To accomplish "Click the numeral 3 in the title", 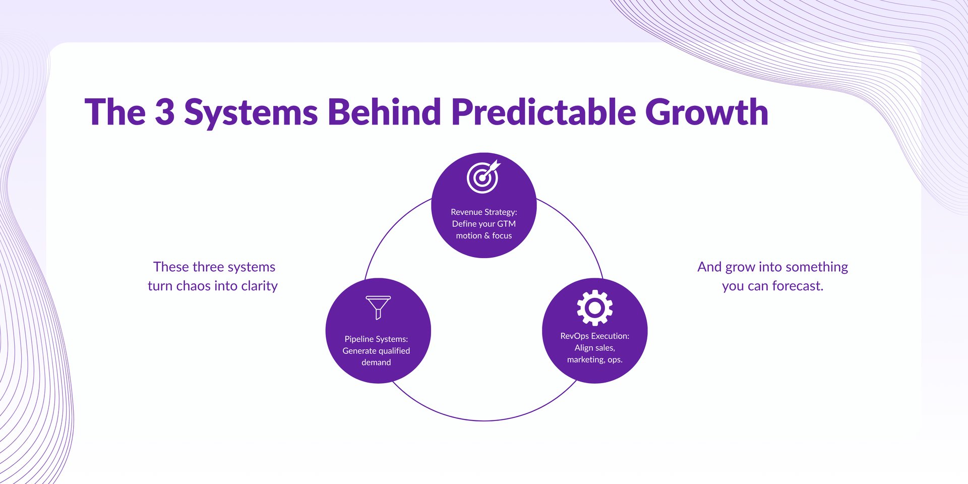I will [x=164, y=112].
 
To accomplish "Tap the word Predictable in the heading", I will [x=543, y=112].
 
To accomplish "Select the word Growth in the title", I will [x=706, y=112].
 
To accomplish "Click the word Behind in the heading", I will [x=384, y=112].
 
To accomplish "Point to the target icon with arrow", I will [x=483, y=177].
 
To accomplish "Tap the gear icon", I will [x=594, y=308].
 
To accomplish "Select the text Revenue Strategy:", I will [x=483, y=212].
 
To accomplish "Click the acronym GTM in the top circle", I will [x=506, y=224].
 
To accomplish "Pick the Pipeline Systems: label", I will [x=376, y=339].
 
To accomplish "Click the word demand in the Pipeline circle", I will [x=376, y=362].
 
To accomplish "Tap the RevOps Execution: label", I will [x=594, y=336].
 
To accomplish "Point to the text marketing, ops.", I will [x=594, y=359].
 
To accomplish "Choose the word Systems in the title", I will [x=251, y=112].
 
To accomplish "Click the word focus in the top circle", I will [x=502, y=236].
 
